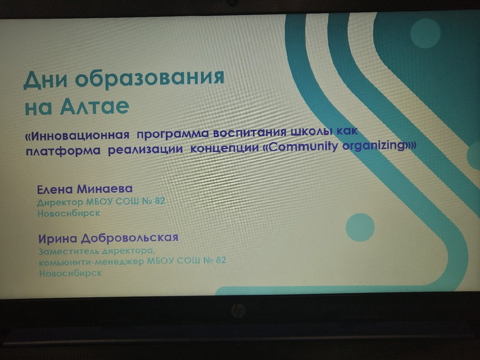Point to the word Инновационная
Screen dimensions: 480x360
77,135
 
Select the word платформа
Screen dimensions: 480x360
63,151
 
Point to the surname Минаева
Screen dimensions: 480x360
104,189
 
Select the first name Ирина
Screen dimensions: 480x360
58,238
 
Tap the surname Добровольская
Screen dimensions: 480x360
130,238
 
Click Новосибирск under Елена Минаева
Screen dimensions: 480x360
69,213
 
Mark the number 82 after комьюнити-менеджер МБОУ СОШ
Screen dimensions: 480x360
221,260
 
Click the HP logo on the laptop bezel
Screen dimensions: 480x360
238,310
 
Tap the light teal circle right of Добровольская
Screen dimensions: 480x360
360,227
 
